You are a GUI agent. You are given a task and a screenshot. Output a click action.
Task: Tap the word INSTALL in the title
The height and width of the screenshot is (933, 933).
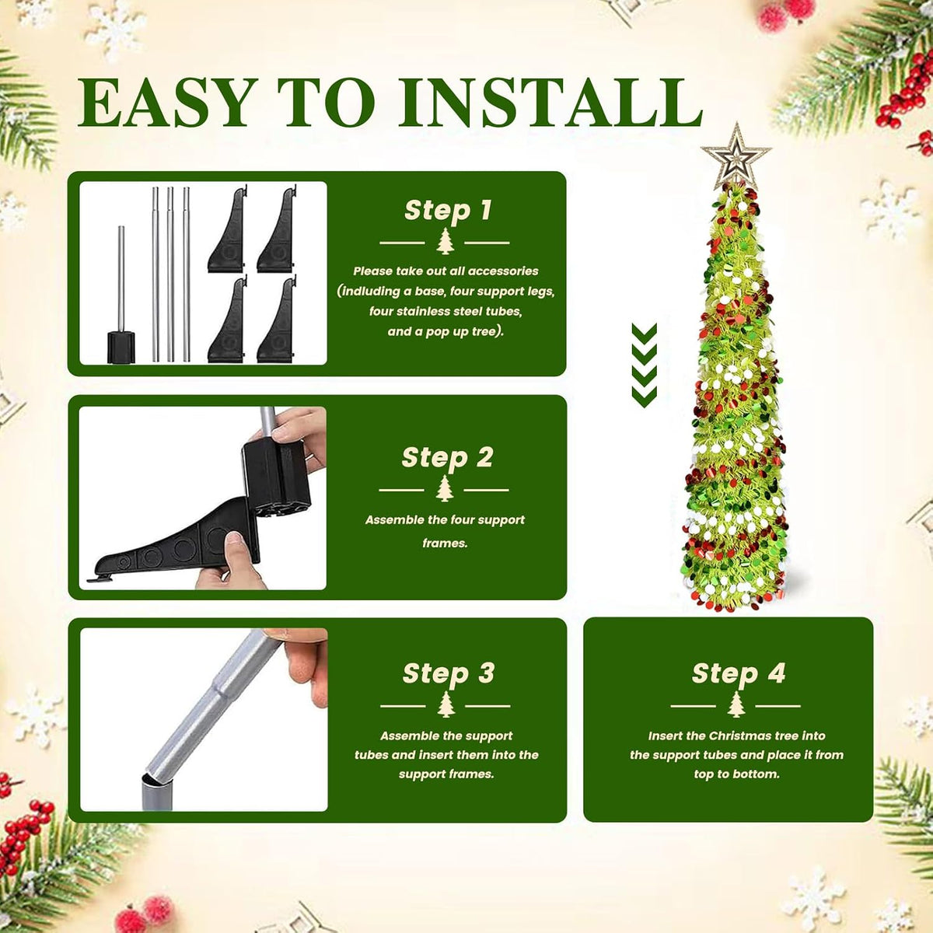(550, 102)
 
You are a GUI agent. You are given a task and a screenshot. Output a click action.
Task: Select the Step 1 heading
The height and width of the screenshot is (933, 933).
(448, 211)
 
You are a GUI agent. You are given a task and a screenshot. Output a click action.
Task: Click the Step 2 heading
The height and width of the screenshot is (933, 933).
(447, 458)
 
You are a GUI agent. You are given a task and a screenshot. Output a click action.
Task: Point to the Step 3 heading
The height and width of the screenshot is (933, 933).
(449, 674)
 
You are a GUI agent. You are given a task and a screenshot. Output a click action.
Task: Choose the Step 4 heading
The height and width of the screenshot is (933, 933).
(739, 674)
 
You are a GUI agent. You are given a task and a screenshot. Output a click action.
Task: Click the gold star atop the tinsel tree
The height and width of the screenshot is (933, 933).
(736, 156)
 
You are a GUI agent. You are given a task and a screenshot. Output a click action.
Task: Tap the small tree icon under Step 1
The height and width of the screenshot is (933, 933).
(445, 242)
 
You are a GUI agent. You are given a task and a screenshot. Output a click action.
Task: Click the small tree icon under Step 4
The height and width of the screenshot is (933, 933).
(736, 704)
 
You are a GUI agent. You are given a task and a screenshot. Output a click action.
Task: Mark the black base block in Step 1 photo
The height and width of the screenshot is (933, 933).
(121, 347)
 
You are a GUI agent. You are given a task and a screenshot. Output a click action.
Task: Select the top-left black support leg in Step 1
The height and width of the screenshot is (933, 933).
(228, 229)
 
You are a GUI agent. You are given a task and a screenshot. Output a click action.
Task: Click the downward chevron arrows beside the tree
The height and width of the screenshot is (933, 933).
(644, 365)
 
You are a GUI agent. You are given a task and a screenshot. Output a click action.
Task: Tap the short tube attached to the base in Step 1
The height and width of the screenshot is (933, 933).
(121, 279)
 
